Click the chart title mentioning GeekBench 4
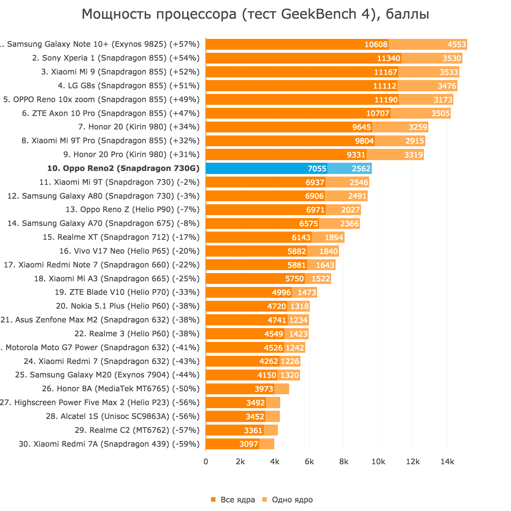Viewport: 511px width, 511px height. [255, 14]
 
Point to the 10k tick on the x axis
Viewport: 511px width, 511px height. [378, 462]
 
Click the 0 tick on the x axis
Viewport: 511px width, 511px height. [206, 462]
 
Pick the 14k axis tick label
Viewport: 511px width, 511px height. [447, 462]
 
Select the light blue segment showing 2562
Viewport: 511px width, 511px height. [349, 168]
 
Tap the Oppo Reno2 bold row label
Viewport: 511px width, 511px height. [123, 168]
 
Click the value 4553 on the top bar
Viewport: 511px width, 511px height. [457, 45]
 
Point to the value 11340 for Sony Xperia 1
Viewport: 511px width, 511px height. [389, 58]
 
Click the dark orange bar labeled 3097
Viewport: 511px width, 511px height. [232, 444]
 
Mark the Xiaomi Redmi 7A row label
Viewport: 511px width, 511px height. [109, 444]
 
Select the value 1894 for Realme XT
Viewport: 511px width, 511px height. [334, 238]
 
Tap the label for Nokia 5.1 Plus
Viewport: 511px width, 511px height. [128, 306]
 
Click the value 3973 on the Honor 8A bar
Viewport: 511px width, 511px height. [264, 389]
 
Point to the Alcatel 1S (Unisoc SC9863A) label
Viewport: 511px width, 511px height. [123, 416]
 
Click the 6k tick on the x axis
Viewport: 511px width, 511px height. [309, 462]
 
